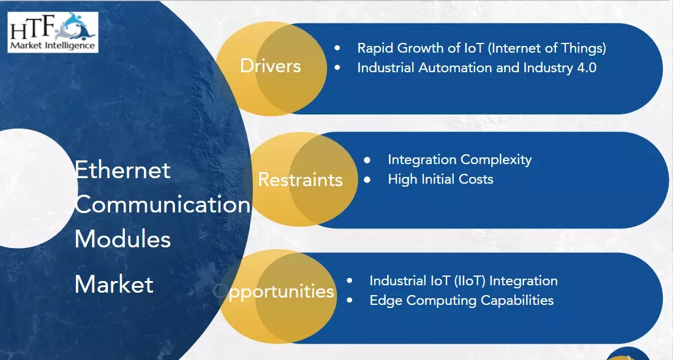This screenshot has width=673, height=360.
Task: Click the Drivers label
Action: click(x=270, y=66)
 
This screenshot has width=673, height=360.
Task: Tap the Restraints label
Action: click(x=300, y=179)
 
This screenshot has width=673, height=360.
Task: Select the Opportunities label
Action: click(x=274, y=291)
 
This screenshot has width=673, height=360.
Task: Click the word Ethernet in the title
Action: click(x=122, y=169)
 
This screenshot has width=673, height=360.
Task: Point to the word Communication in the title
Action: click(x=162, y=204)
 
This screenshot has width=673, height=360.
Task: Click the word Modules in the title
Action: click(x=122, y=239)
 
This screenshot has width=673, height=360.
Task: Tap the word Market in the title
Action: click(x=114, y=284)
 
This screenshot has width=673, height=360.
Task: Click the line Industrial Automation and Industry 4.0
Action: click(x=476, y=67)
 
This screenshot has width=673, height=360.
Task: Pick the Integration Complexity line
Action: click(x=459, y=160)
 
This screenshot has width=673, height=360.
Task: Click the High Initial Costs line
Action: click(x=440, y=179)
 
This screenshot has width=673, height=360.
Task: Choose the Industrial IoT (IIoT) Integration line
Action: click(x=463, y=281)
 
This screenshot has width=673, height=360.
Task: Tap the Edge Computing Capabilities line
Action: click(x=461, y=301)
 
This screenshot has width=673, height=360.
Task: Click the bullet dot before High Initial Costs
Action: click(x=367, y=179)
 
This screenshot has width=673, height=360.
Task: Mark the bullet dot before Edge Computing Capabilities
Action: click(x=349, y=301)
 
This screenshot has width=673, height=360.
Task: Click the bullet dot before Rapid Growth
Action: click(x=337, y=48)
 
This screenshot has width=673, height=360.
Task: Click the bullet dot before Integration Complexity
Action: click(x=367, y=160)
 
